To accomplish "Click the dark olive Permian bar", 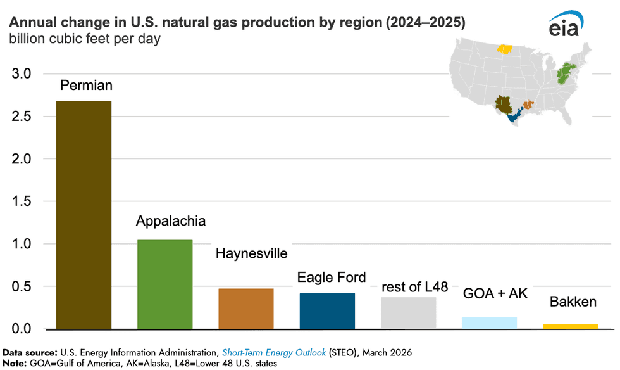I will (x=84, y=215).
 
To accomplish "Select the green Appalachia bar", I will (x=164, y=284).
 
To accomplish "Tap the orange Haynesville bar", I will (x=246, y=309).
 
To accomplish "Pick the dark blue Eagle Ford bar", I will (x=327, y=311).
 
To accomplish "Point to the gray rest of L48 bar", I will (x=409, y=313).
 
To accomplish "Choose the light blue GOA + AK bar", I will (x=490, y=323).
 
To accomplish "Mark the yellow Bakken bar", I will (x=571, y=326).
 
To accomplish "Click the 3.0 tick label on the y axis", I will (x=22, y=74).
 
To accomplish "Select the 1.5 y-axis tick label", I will (x=22, y=201).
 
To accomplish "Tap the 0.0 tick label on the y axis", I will (x=22, y=329).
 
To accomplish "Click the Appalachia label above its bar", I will (x=171, y=221).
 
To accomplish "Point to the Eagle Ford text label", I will (x=332, y=277).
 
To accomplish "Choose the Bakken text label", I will (x=573, y=302).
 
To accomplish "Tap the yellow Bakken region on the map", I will (x=505, y=49).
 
